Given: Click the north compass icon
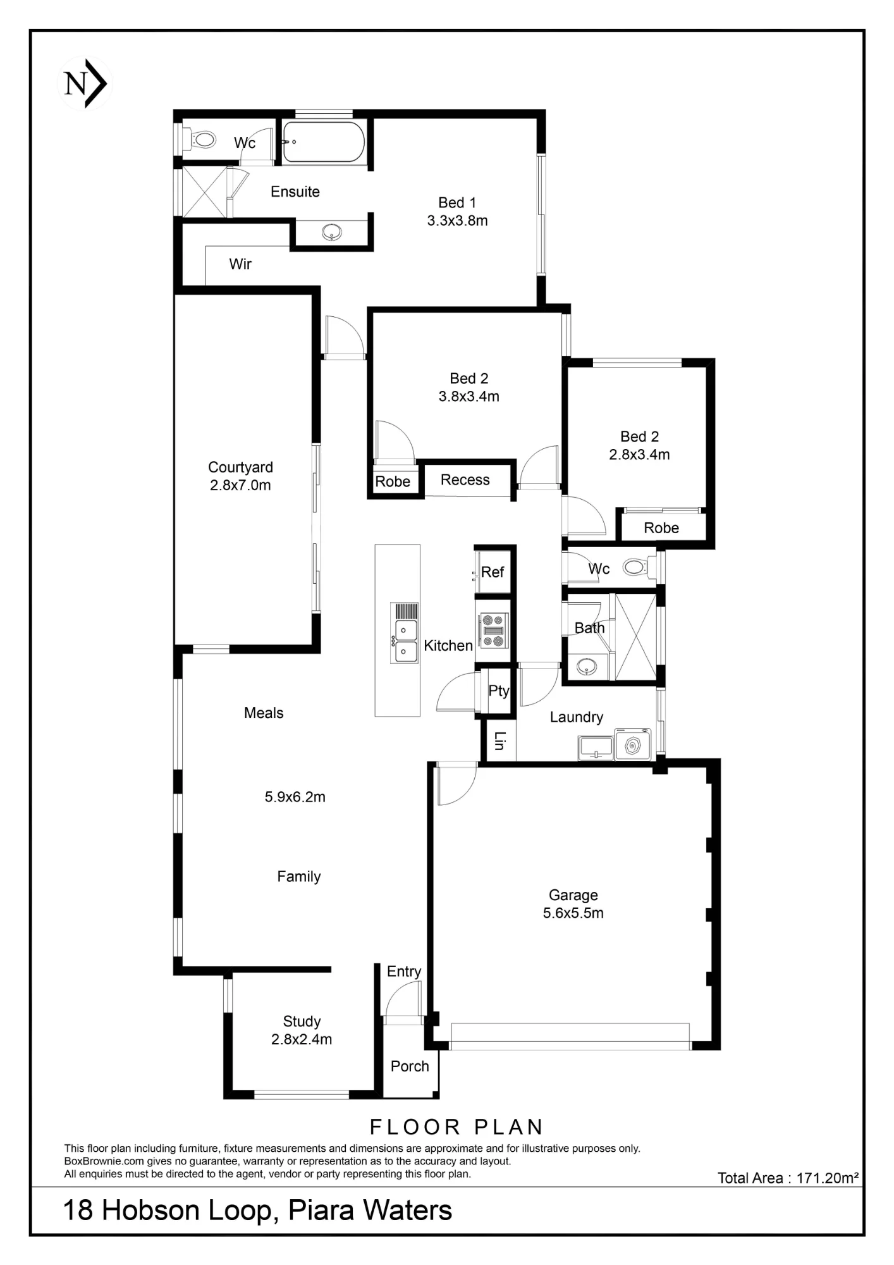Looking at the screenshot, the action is [x=85, y=83].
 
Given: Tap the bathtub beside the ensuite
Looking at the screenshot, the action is [x=323, y=142].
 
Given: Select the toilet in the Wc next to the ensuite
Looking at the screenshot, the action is [x=200, y=139].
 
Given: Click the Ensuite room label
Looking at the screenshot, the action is [x=295, y=192].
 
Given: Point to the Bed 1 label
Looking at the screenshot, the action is [x=457, y=202].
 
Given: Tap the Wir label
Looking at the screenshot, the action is [x=240, y=264].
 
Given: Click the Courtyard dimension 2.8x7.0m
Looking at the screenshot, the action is [x=240, y=485].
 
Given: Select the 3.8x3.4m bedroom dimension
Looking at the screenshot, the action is [x=469, y=397].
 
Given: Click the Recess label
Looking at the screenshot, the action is [x=465, y=480].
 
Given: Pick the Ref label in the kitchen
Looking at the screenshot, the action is [x=493, y=572].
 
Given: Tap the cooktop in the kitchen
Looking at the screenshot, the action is [x=493, y=630].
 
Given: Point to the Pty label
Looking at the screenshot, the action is [x=499, y=691].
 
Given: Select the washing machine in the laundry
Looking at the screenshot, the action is [x=633, y=745].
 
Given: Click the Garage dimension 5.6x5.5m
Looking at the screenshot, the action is [x=573, y=913].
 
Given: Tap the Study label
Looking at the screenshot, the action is [x=302, y=1021].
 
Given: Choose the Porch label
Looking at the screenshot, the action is [x=410, y=1066].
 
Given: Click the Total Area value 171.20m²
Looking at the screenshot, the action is [x=828, y=1178].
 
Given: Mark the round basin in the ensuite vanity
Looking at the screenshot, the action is [x=332, y=233].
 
